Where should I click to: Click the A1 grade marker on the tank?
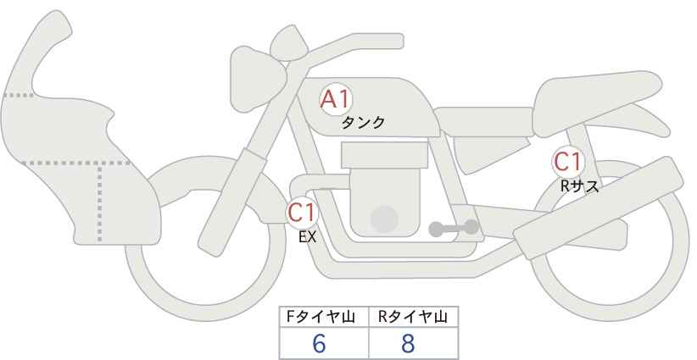coord(336,99)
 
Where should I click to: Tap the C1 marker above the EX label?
coord(302,212)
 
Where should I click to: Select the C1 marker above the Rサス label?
coord(567,162)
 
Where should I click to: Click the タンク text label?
coord(363,123)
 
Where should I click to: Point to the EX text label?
coord(307,237)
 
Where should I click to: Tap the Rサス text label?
coord(579,186)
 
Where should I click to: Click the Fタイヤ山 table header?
coord(321,317)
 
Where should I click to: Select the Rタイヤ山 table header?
coord(413,317)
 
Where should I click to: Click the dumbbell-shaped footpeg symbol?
coord(454,228)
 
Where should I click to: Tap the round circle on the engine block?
coord(384,219)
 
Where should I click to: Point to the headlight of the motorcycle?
coord(257,79)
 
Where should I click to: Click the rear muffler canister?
coord(599,208)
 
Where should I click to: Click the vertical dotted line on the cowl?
coord(99,202)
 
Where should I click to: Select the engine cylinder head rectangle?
coord(384,155)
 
